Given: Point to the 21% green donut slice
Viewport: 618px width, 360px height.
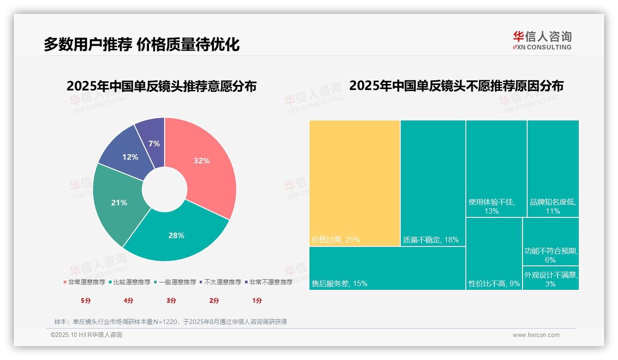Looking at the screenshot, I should [119, 203].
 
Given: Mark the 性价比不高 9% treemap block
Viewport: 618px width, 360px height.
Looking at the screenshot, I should [493, 253].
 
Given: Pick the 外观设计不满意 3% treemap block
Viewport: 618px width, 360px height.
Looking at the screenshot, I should [551, 278].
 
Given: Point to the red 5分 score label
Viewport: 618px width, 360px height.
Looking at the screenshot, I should [86, 300].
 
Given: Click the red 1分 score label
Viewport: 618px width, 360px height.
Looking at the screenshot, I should [257, 300].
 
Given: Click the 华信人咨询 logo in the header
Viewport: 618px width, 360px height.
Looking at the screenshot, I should [542, 40].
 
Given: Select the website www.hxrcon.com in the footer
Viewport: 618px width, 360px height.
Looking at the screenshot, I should [536, 335].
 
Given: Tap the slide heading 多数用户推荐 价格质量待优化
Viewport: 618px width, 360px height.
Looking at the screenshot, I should [142, 45].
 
